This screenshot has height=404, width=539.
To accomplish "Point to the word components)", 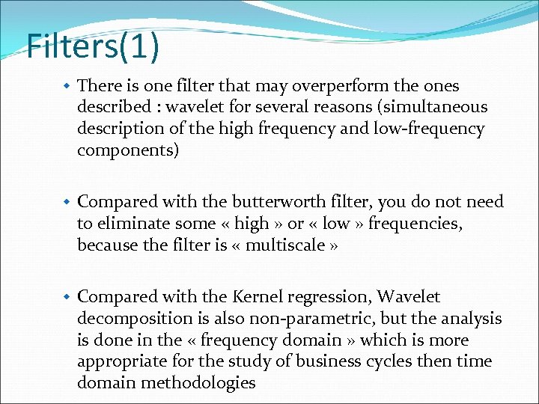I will [128, 150].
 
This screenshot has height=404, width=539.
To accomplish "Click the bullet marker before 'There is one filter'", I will [67, 86].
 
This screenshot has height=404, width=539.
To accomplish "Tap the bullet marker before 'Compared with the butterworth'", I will [67, 202].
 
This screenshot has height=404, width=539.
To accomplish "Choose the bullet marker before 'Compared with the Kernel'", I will [67, 298].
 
